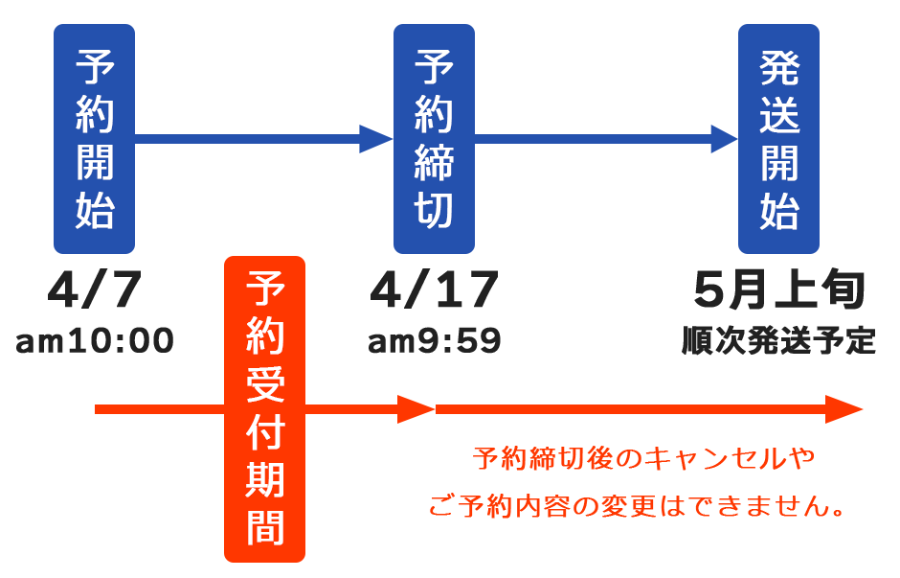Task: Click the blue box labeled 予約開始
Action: (94, 139)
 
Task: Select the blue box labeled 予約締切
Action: (434, 139)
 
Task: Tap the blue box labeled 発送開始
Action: (778, 139)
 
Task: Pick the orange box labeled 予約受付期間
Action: (264, 409)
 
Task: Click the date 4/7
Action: (94, 289)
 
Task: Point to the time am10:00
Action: (95, 340)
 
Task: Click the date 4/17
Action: (434, 289)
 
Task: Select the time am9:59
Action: (435, 340)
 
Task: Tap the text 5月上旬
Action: (779, 289)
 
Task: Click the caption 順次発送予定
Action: (779, 340)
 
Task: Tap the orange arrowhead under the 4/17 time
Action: (417, 409)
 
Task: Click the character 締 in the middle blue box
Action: (434, 164)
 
